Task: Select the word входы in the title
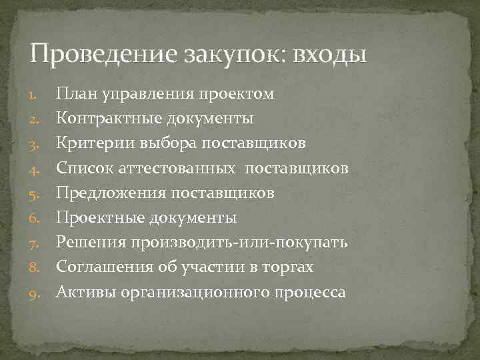pyautogui.click(x=333, y=54)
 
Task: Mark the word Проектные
pyautogui.click(x=97, y=217)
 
